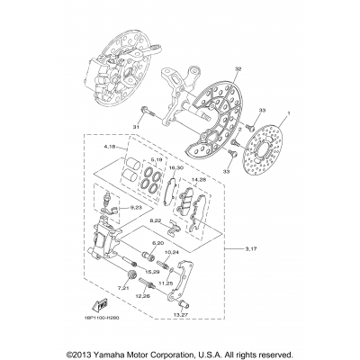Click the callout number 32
212,69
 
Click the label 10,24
198,252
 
